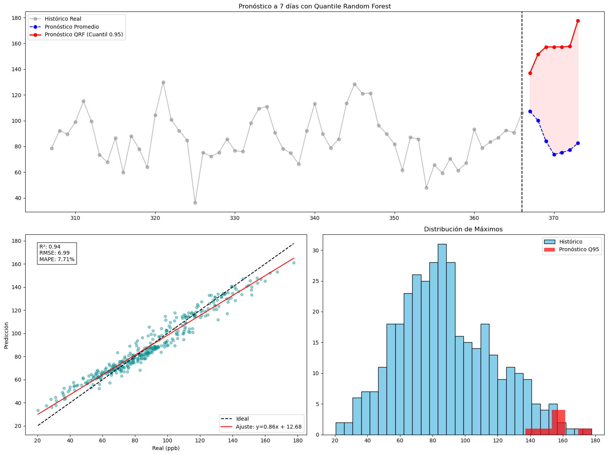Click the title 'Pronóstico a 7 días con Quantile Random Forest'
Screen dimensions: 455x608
[x=314, y=6]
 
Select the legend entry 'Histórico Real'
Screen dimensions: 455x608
[x=63, y=19]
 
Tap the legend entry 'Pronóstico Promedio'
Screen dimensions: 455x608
[x=72, y=27]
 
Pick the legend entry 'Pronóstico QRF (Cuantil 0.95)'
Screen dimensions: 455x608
[x=84, y=35]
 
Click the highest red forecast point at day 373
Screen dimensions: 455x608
[x=578, y=21]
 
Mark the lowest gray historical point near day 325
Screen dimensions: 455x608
[x=195, y=203]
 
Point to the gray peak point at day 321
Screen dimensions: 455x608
[x=163, y=82]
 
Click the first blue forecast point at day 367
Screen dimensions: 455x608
[x=530, y=111]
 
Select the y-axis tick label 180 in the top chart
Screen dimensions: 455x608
[x=16, y=18]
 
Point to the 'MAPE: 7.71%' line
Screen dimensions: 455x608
[x=57, y=259]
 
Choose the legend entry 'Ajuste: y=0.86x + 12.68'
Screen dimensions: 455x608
[x=268, y=427]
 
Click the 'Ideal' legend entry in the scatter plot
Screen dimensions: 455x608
[x=242, y=419]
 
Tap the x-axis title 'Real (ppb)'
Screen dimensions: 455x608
[x=166, y=448]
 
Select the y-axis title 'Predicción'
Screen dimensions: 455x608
[x=7, y=335]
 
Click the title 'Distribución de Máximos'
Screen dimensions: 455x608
[x=463, y=229]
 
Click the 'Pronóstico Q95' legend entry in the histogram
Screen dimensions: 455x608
[x=579, y=250]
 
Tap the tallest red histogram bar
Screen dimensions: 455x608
[x=558, y=422]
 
